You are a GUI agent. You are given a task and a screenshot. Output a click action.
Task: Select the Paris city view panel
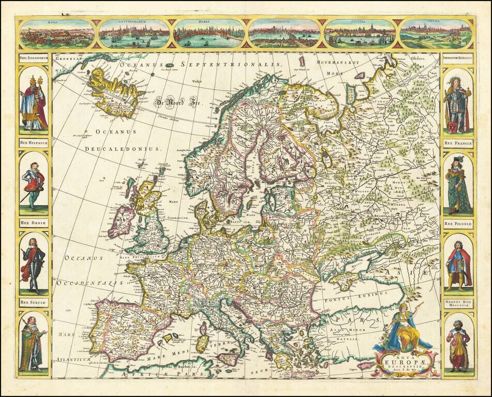point(209,34)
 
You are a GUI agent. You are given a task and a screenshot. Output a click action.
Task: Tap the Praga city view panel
point(436,34)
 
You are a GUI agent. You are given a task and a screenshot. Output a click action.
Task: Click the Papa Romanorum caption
point(34,58)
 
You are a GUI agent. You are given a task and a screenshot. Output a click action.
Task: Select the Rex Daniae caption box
point(34,223)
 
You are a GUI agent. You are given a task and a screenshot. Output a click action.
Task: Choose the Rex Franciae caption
point(458,143)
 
